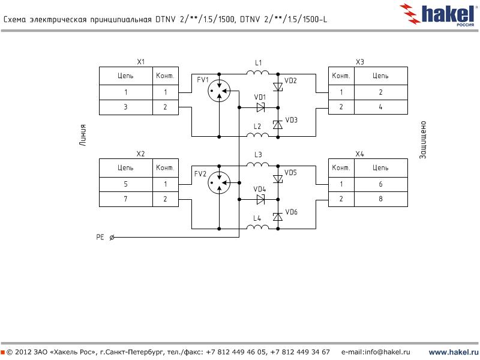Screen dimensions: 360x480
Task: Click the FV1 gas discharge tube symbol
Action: (218, 92)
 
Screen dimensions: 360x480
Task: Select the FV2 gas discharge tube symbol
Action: (218, 184)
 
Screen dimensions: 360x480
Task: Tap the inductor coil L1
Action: (258, 73)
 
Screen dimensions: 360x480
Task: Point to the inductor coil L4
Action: (258, 227)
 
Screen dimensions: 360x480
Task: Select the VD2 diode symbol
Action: (278, 87)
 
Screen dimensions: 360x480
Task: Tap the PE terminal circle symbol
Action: (112, 238)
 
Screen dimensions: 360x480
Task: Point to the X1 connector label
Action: (141, 62)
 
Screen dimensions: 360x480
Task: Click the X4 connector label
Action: (359, 154)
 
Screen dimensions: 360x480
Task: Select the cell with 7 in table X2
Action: (126, 199)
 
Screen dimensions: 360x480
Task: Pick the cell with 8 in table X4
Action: (380, 199)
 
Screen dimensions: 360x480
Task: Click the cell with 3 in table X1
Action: (126, 107)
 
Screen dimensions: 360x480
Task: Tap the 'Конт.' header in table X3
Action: (341, 76)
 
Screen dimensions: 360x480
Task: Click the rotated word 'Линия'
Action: (83, 135)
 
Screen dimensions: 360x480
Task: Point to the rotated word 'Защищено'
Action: (422, 140)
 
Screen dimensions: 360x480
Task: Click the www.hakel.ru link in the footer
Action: (453, 352)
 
